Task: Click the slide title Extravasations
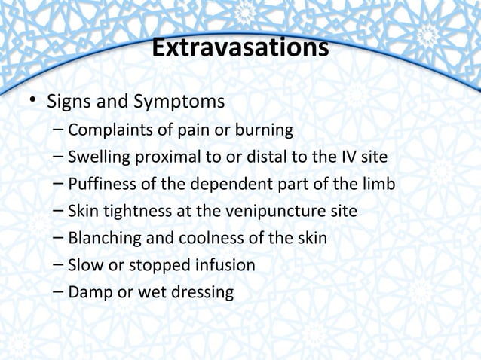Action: click(x=240, y=49)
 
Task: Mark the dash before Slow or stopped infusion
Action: click(x=59, y=265)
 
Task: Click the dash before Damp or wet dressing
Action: click(x=59, y=292)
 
